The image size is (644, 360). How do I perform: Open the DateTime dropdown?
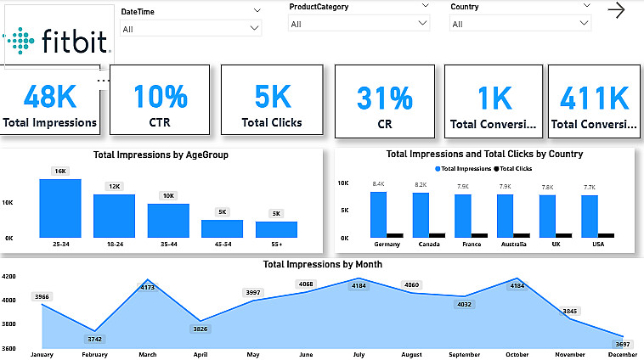[191, 28]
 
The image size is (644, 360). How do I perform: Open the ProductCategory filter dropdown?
[359, 24]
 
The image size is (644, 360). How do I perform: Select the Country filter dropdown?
[521, 24]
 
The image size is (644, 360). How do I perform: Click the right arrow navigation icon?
[617, 10]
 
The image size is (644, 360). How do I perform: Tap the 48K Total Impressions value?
[50, 96]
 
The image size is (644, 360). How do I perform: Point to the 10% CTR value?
[160, 96]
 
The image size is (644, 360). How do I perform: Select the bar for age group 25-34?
[60, 208]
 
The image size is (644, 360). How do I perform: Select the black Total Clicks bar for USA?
[606, 234]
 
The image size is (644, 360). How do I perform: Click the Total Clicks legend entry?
[513, 169]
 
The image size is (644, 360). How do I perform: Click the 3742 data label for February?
[94, 339]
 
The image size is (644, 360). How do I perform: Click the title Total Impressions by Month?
[322, 264]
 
